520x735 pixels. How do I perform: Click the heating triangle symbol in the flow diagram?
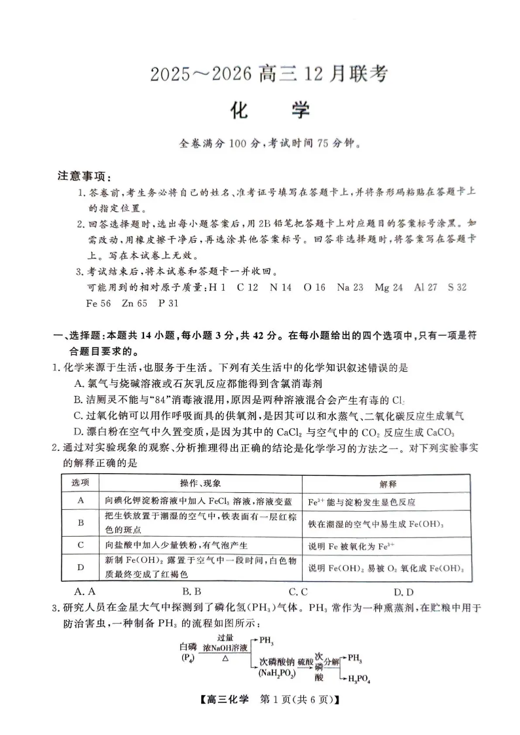click(x=225, y=658)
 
